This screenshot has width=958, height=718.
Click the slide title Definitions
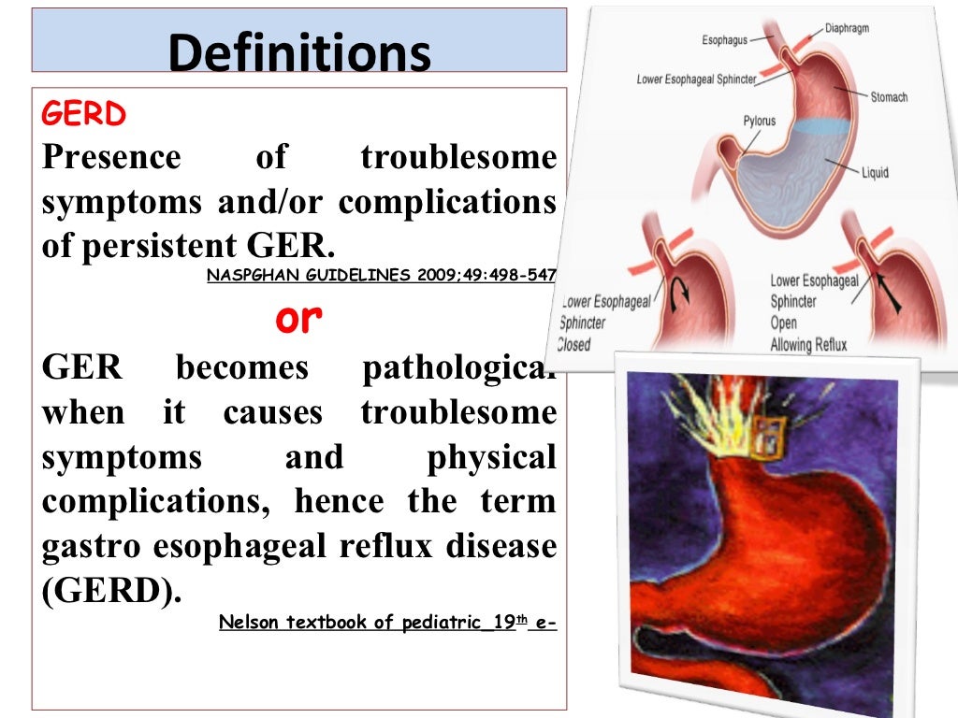pyautogui.click(x=299, y=53)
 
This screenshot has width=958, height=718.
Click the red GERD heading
pyautogui.click(x=84, y=115)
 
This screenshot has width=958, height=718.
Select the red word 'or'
pyautogui.click(x=299, y=319)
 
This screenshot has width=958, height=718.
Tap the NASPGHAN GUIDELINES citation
pyautogui.click(x=381, y=275)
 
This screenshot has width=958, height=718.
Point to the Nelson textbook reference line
pyautogui.click(x=387, y=622)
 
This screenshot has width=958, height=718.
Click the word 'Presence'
pyautogui.click(x=111, y=157)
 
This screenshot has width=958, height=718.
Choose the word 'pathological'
pyautogui.click(x=458, y=367)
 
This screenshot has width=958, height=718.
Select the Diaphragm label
pyautogui.click(x=847, y=29)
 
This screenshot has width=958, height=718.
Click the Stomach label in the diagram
pyautogui.click(x=889, y=97)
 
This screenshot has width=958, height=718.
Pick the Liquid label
pyautogui.click(x=876, y=173)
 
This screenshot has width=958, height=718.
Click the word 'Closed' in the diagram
pyautogui.click(x=573, y=344)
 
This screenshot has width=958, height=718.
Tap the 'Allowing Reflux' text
pyautogui.click(x=808, y=345)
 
